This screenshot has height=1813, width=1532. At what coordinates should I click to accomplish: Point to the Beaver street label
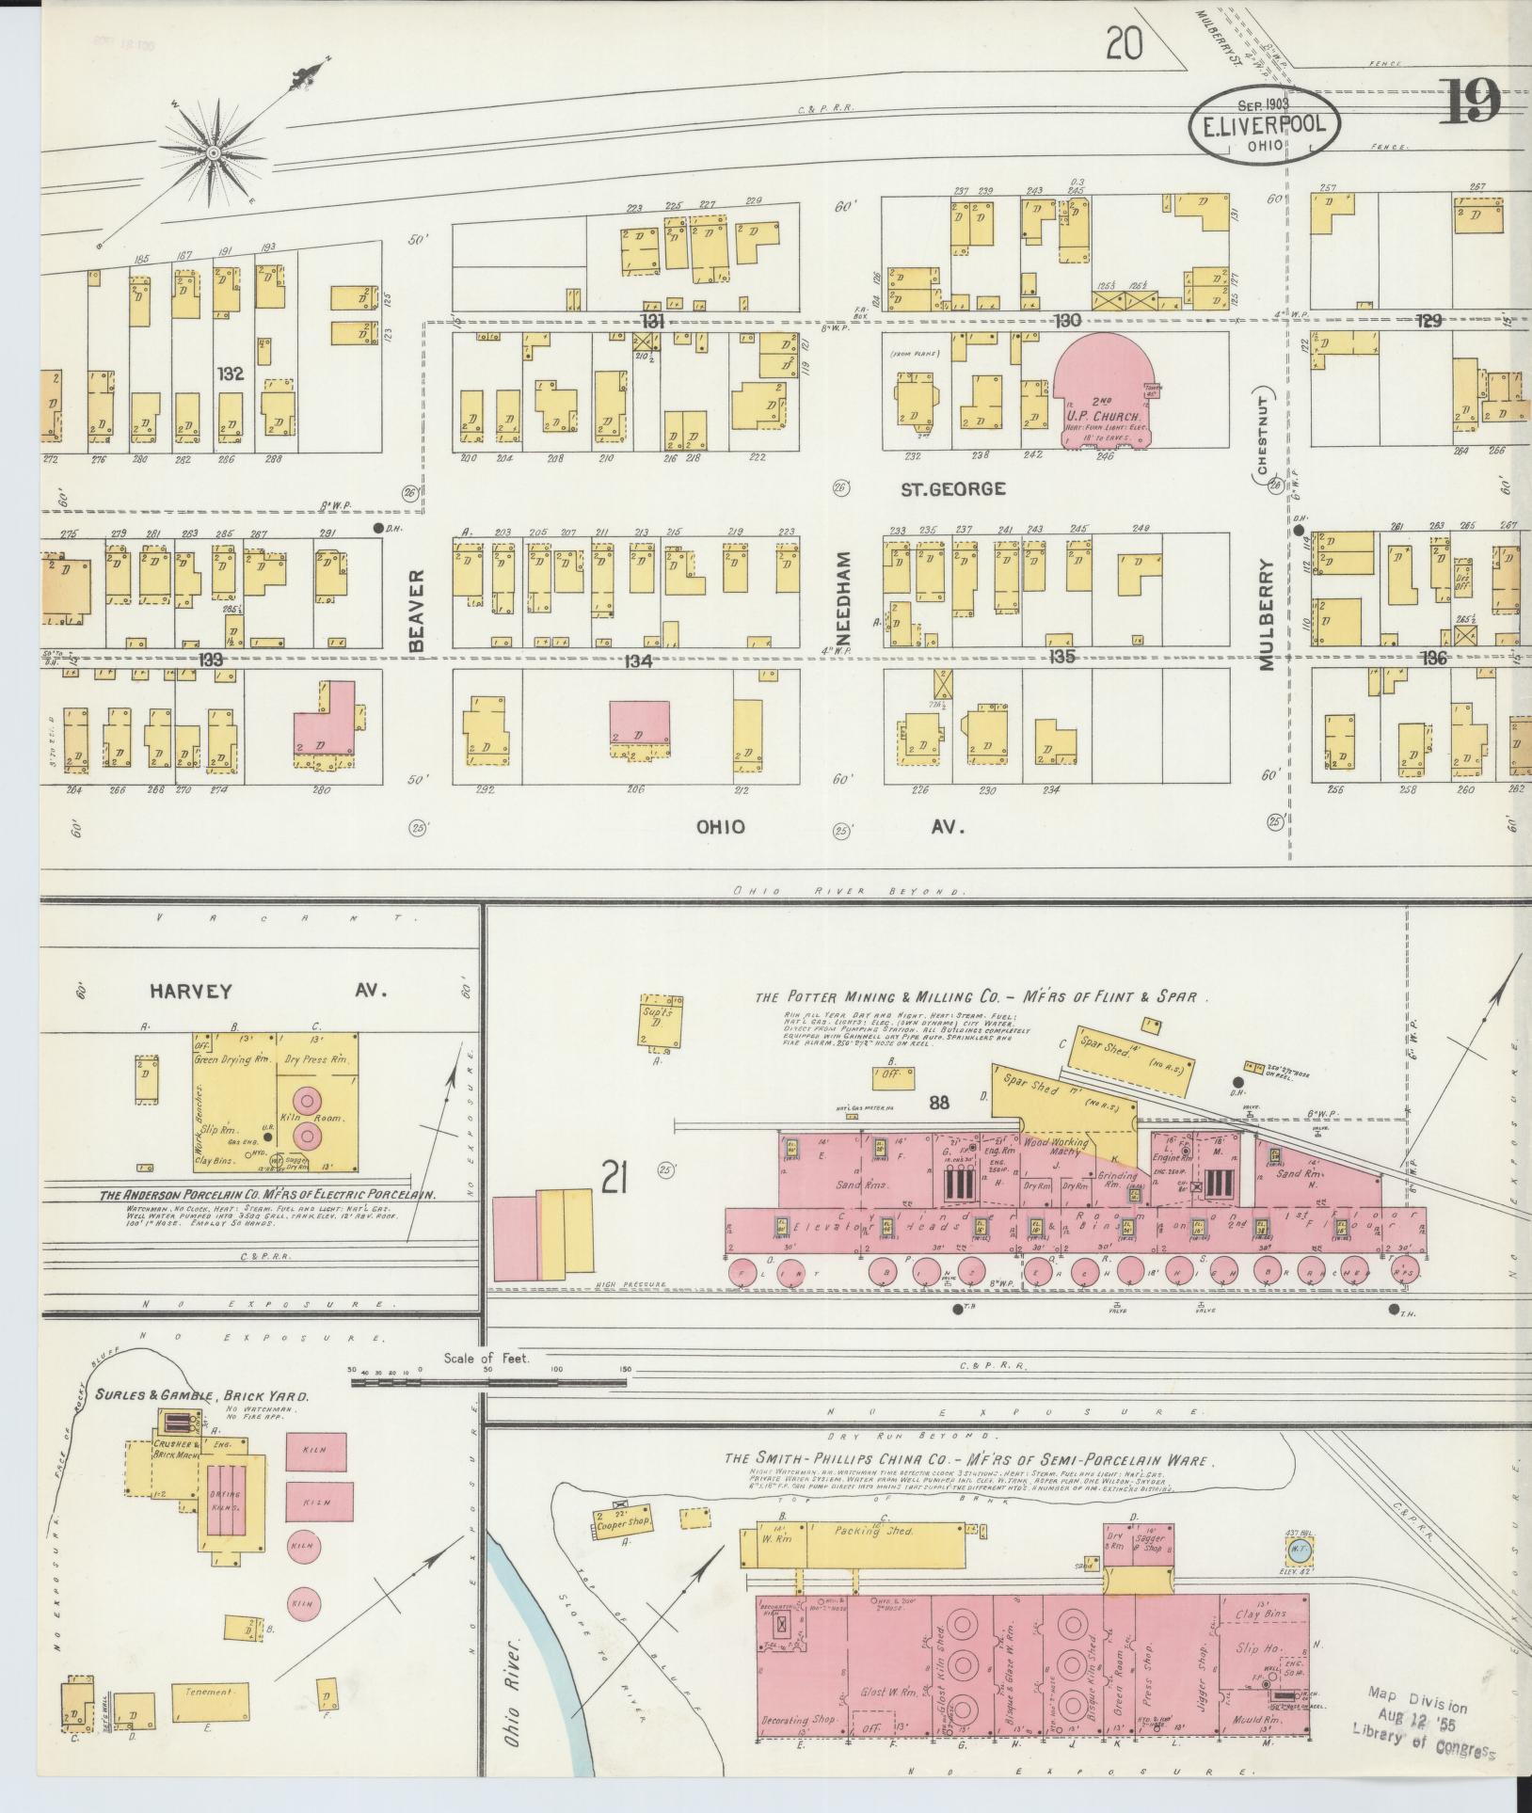pos(419,610)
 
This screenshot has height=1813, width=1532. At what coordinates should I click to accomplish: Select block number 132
pos(231,374)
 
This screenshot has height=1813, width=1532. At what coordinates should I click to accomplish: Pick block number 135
pos(1064,658)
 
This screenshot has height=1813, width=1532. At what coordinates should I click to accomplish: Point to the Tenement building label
pos(209,1692)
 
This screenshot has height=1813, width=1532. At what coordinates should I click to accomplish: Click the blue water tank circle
pos(1298,1548)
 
